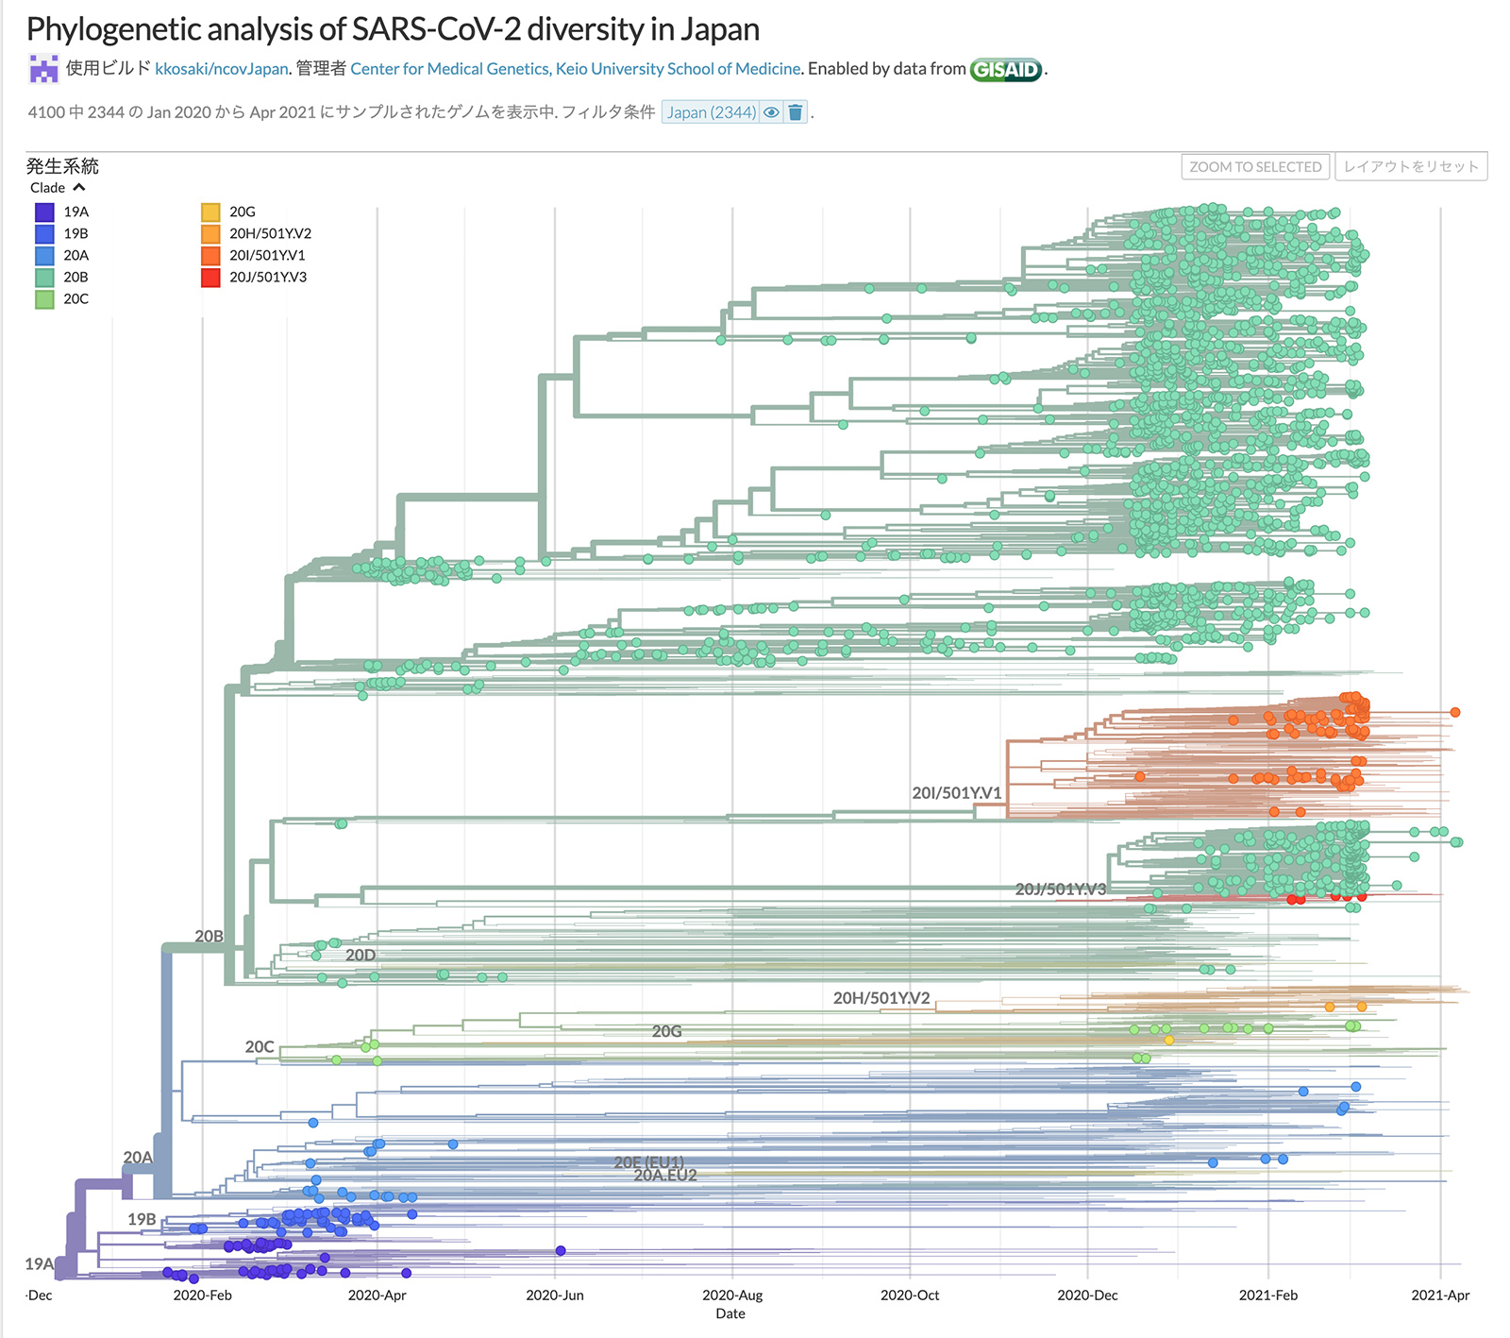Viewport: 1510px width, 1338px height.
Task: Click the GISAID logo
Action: coord(1006,69)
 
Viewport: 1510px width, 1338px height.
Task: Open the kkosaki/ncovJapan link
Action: coord(221,69)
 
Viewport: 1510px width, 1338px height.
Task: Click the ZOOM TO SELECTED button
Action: coord(1255,167)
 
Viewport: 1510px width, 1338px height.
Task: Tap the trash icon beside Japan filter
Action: coord(796,112)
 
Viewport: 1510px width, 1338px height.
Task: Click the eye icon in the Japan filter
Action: coord(771,112)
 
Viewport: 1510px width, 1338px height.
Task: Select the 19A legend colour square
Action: coord(44,212)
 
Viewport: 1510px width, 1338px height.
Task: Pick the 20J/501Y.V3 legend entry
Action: coord(268,278)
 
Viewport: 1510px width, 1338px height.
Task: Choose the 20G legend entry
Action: coord(243,212)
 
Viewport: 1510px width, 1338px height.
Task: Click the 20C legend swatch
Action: coord(44,299)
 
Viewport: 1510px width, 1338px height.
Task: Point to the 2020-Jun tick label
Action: coord(555,1296)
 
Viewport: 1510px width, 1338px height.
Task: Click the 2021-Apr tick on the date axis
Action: coord(1440,1296)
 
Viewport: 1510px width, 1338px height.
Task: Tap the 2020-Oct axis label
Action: coord(910,1296)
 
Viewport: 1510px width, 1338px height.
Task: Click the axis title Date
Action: coord(730,1313)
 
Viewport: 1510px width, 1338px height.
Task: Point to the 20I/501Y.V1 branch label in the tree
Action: coord(956,793)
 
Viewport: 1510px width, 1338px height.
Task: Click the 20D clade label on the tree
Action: coord(361,956)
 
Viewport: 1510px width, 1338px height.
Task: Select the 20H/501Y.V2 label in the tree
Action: coord(881,998)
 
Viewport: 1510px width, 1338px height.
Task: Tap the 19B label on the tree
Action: coord(142,1219)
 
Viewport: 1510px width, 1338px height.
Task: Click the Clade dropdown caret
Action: coord(79,188)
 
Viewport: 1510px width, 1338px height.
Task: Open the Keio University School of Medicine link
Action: coord(576,69)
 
